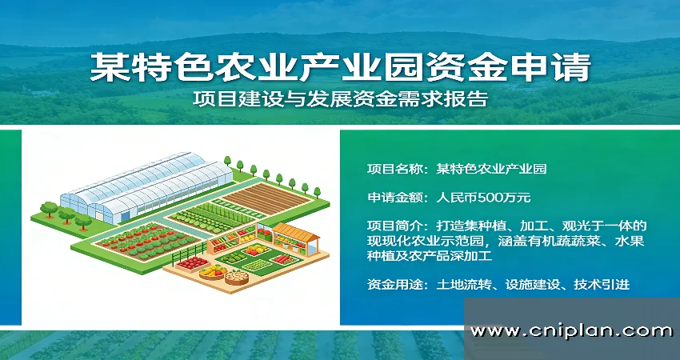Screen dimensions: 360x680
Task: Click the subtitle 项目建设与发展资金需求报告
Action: point(340,100)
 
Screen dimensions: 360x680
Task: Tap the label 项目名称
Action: point(394,169)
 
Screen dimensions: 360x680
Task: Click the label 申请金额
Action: point(394,196)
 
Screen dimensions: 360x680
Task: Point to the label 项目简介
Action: point(394,225)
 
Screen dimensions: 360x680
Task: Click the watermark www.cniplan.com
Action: point(571,330)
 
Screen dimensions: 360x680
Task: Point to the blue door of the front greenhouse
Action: point(102,212)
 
